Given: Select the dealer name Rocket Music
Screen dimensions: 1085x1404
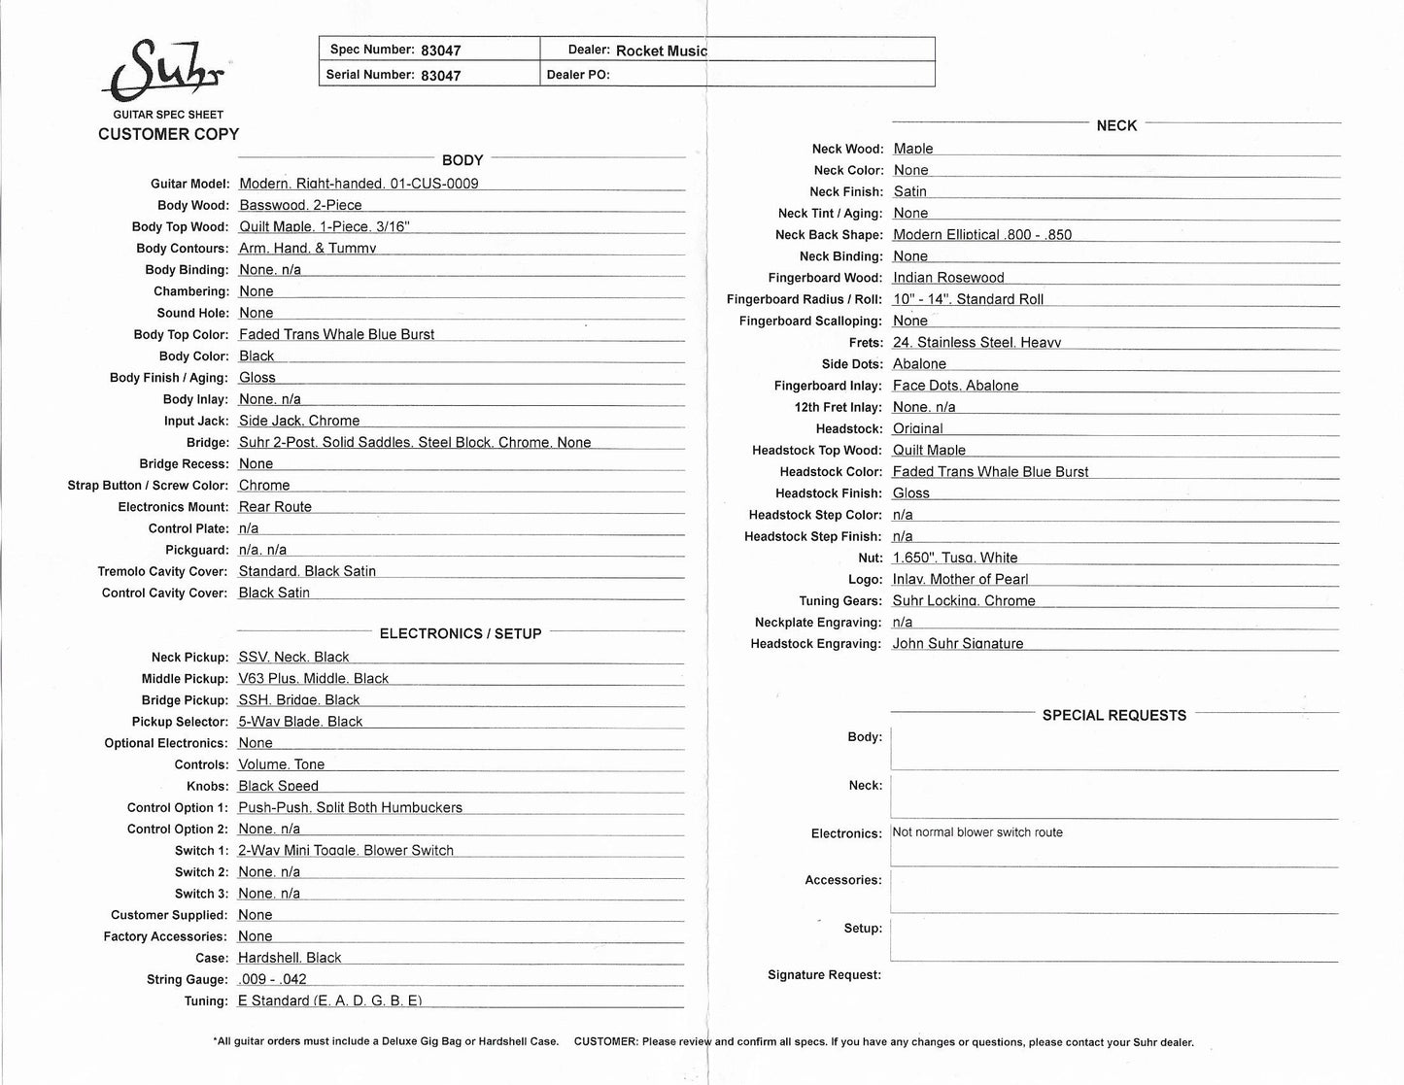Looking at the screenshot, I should tap(661, 51).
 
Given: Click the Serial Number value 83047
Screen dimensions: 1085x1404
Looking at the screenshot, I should tap(440, 75).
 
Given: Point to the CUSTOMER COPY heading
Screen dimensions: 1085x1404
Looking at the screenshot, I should tap(168, 134).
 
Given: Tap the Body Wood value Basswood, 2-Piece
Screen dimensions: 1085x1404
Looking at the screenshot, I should tap(300, 205).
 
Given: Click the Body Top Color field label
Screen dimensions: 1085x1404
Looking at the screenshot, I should tap(181, 334).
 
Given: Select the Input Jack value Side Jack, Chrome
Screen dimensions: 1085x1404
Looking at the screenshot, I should tap(299, 421).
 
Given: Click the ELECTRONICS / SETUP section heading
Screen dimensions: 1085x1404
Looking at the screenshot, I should tap(460, 633).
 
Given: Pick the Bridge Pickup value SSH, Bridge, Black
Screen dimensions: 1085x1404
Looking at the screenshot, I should tap(298, 699).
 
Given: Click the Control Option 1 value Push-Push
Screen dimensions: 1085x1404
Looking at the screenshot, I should tap(350, 807).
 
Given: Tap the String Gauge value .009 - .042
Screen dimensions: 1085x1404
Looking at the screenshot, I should tap(272, 979).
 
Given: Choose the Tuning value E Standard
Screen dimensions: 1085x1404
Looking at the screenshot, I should tap(329, 1000).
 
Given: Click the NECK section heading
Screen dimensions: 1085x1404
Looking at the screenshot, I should tap(1116, 125).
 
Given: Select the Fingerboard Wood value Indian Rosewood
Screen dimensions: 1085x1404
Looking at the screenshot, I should tap(948, 278).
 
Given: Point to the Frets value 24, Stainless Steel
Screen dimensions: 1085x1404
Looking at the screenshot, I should tap(976, 342).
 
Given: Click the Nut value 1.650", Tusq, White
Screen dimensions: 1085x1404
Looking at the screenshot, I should tap(955, 558).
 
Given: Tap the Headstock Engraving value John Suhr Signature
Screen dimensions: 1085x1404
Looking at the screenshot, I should tap(957, 643).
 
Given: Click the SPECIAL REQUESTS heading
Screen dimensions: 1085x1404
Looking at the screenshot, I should tap(1113, 715).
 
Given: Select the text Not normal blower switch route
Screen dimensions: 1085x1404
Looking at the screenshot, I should tap(976, 832).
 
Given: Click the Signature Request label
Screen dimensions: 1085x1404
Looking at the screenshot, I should tap(824, 974).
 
